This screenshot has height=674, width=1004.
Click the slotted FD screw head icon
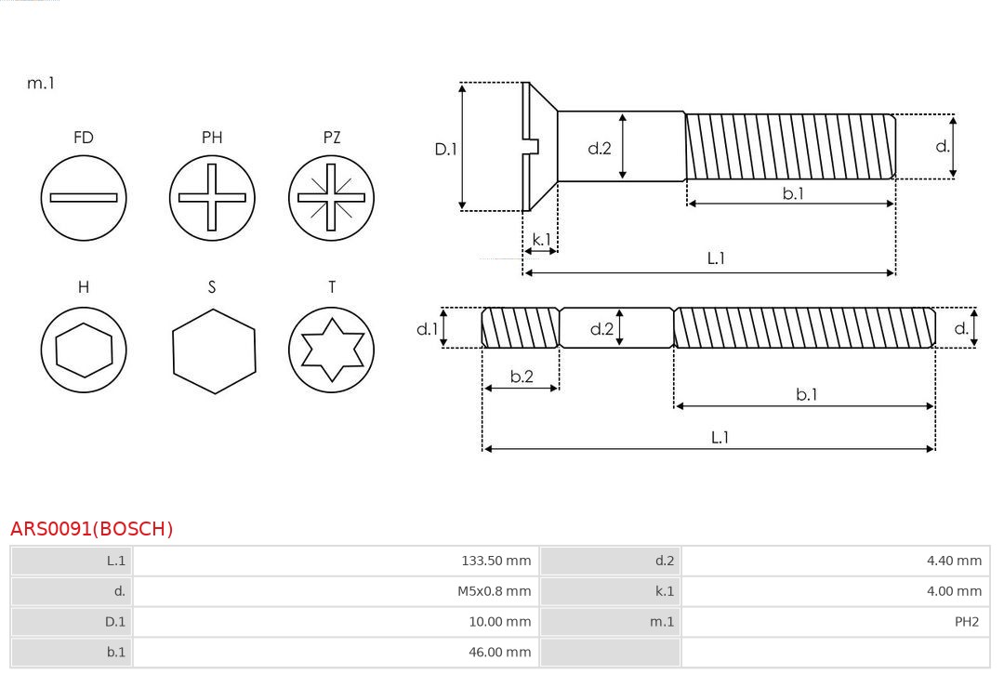pyautogui.click(x=84, y=197)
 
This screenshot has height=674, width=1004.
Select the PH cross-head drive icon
pyautogui.click(x=212, y=197)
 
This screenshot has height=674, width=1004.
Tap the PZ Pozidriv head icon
pyautogui.click(x=331, y=197)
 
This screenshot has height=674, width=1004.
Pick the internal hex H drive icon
pyautogui.click(x=84, y=350)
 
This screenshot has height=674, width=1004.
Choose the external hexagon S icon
pyautogui.click(x=213, y=350)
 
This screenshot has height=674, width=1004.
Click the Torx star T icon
pyautogui.click(x=331, y=350)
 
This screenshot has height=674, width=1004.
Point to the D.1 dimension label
pyautogui.click(x=446, y=148)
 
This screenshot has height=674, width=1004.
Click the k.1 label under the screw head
pyautogui.click(x=540, y=240)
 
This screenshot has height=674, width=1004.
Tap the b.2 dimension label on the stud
pyautogui.click(x=522, y=377)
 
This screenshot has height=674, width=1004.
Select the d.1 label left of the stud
pyautogui.click(x=426, y=328)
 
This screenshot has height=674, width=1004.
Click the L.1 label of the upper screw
pyautogui.click(x=716, y=258)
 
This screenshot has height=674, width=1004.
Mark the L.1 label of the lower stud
pyautogui.click(x=720, y=437)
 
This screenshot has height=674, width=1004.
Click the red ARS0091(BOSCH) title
pyautogui.click(x=91, y=529)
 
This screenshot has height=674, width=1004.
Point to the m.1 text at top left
pyautogui.click(x=41, y=83)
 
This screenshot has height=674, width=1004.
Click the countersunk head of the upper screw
pyautogui.click(x=539, y=146)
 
